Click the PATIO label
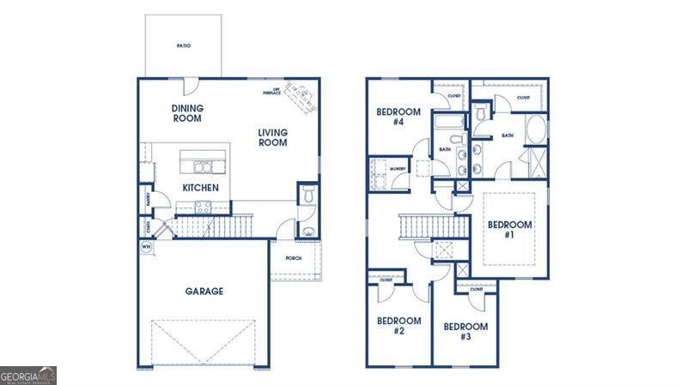click(183, 45)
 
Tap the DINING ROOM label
click(186, 113)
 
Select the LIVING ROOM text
click(273, 137)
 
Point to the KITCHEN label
click(200, 188)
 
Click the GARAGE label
click(204, 292)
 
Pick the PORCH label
click(293, 256)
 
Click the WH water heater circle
click(144, 246)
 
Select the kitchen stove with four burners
click(204, 207)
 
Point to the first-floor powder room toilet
click(308, 195)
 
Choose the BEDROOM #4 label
click(398, 117)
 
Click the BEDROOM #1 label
click(510, 229)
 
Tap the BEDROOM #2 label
click(398, 326)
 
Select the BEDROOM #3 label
click(465, 331)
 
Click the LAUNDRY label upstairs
click(398, 169)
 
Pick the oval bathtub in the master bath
click(535, 129)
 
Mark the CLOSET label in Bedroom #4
click(453, 96)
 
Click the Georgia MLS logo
click(28, 375)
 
